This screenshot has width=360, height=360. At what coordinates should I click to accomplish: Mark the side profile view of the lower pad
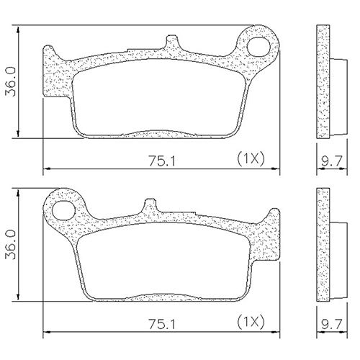324,246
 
